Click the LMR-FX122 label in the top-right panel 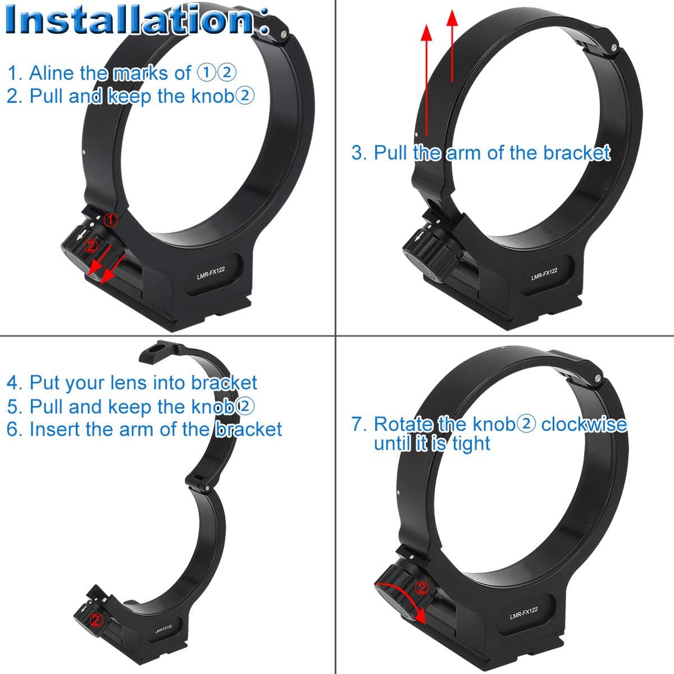(544, 273)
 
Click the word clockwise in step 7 (584, 424)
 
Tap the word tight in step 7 (470, 444)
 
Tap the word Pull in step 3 (391, 152)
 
